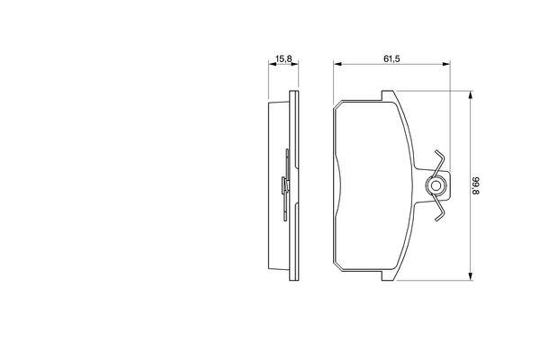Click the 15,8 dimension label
283,58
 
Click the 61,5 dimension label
391,58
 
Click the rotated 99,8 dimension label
475,186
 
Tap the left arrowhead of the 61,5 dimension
337,64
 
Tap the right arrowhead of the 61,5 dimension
446,64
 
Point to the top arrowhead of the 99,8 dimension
470,94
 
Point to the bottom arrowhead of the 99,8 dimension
470,276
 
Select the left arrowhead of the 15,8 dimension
272,64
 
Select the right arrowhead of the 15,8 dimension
295,64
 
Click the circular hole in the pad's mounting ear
436,186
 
